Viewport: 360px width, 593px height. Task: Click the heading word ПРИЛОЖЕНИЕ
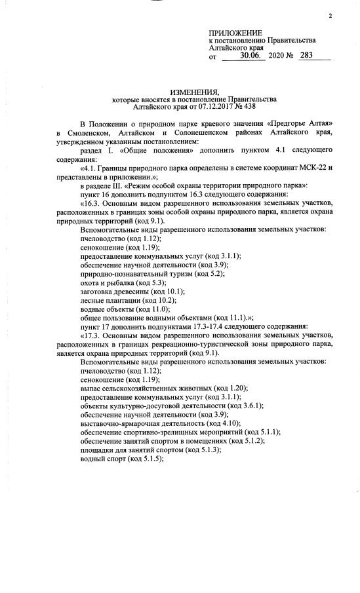point(235,33)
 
